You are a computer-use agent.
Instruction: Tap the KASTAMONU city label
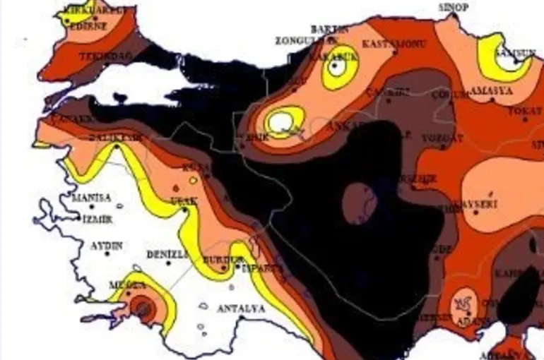[394, 44]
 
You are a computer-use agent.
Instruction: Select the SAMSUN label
[513, 53]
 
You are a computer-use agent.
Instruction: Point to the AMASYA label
[488, 92]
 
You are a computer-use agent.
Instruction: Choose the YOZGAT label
[442, 138]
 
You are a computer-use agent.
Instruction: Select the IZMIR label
[97, 219]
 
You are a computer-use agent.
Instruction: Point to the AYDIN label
[107, 246]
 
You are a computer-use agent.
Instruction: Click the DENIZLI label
[167, 254]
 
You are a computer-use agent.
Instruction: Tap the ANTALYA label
[241, 309]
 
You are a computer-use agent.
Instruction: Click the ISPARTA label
[262, 268]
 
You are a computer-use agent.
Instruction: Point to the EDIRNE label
[88, 26]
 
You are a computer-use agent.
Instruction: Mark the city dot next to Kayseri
[475, 212]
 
